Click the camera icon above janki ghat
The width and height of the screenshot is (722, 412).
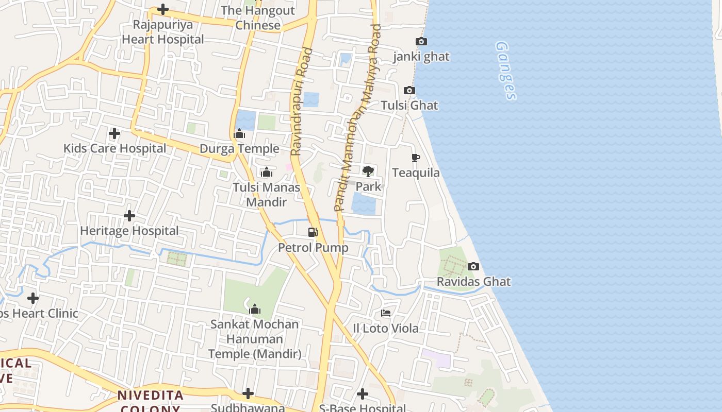pos(421,42)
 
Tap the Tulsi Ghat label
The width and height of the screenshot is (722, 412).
pos(409,106)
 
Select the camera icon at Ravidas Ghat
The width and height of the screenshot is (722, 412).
pos(473,267)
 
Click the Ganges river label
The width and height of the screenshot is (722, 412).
pos(505,71)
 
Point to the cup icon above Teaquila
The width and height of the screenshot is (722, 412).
pos(416,158)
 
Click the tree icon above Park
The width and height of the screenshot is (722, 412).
pos(368,171)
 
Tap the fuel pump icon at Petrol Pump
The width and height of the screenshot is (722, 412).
pos(313,232)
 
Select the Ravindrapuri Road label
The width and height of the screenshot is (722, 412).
pos(302,101)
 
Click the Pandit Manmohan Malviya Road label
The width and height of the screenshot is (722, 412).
pos(357,117)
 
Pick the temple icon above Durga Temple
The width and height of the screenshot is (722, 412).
pos(239,134)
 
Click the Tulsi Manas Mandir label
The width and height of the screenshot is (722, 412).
pos(266,195)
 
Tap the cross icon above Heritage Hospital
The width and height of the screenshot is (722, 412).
pos(129,216)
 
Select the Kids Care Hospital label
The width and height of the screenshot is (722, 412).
pos(114,149)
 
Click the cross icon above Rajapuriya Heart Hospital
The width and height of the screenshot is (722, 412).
pos(163,9)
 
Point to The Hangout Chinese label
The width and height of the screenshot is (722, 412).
pos(258,18)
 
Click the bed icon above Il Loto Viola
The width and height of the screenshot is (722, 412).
pos(386,313)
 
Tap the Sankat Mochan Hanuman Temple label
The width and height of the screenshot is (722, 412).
pos(255,339)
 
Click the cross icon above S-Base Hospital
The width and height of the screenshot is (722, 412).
pos(363,394)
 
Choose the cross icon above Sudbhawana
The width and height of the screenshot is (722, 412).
pos(248,394)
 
